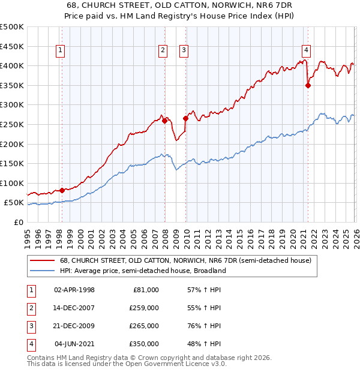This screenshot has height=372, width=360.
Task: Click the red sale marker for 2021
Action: [x=308, y=85]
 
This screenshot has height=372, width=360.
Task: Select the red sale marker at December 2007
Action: [x=164, y=121]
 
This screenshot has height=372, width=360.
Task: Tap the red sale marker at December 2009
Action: [x=185, y=118]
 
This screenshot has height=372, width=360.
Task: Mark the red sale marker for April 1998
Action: [x=62, y=190]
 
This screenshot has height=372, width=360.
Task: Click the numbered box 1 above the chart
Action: [x=61, y=51]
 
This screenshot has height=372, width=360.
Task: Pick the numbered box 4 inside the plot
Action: [x=306, y=51]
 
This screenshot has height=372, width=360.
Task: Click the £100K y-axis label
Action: [x=12, y=183]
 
